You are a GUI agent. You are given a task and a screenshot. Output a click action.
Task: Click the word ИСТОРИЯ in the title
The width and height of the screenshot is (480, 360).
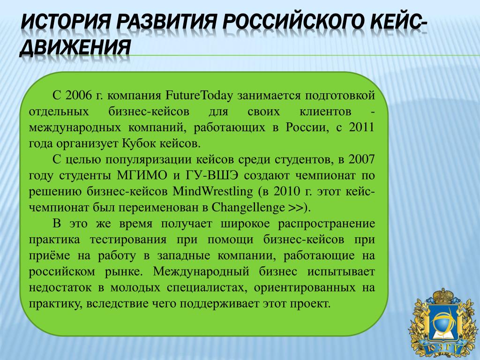[x=66, y=22]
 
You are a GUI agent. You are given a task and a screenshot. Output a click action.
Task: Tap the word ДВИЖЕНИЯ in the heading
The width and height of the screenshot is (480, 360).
[x=75, y=48]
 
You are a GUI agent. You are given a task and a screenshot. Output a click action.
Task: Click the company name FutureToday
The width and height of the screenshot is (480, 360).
[x=199, y=96]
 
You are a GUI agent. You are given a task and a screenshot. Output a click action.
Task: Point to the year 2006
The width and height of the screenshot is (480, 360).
[x=78, y=96]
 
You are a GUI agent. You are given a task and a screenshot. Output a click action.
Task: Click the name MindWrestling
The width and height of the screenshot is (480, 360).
[x=213, y=192]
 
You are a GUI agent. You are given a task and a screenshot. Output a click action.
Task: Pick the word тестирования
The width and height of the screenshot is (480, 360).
[x=128, y=240]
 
